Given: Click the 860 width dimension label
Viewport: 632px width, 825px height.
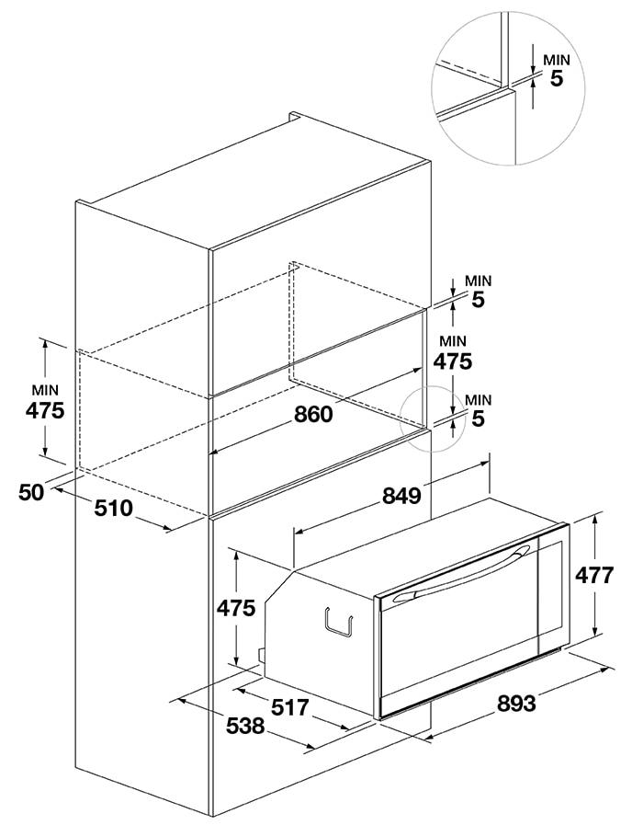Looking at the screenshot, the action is tap(313, 414).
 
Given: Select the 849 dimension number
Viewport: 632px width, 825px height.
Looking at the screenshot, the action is tap(401, 495).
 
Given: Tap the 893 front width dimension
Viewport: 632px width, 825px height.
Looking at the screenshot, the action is tap(516, 703).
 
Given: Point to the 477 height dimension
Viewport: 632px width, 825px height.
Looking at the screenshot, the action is tap(593, 575).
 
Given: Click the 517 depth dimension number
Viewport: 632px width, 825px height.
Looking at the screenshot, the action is tap(290, 707).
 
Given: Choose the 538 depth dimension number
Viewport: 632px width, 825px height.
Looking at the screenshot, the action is tap(245, 726).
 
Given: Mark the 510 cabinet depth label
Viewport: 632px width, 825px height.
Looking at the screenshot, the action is tap(114, 509).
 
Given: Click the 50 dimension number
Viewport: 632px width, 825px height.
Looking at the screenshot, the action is tap(31, 492).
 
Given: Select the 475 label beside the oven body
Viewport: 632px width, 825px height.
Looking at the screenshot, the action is tap(236, 608).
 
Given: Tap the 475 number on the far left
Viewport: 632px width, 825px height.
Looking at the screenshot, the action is tap(45, 410).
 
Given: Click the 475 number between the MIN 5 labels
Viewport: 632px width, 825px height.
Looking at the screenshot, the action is tap(452, 361).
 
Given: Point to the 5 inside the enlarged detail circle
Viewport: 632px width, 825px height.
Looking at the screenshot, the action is tap(557, 78).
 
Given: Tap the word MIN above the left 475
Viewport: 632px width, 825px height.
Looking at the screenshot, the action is tap(45, 390).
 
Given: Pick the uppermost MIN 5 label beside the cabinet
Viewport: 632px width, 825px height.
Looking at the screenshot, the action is tap(478, 291).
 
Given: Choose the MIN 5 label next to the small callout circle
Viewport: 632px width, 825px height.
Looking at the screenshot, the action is tap(478, 410).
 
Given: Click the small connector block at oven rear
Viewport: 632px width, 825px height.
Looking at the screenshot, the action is tap(260, 655).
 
